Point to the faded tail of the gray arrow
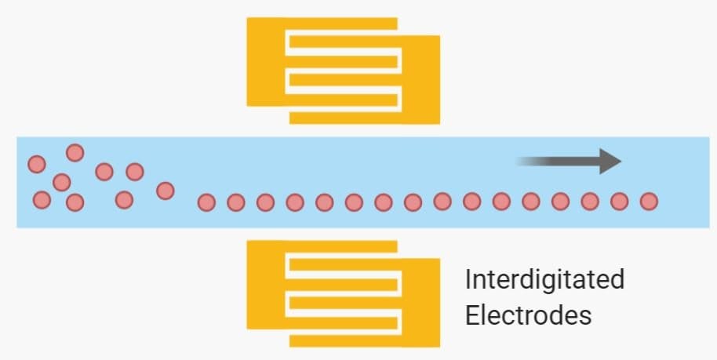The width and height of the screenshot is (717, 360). [530, 162]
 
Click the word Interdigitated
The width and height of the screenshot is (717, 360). [544, 279]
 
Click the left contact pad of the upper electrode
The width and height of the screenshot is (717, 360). [266, 61]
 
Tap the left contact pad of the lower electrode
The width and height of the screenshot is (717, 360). [266, 285]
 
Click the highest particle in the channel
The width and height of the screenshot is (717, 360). [75, 152]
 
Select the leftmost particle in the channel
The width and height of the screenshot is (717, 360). [36, 164]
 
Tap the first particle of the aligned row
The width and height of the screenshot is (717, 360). [206, 202]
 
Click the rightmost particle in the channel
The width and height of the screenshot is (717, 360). [648, 202]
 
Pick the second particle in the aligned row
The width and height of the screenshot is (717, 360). [235, 202]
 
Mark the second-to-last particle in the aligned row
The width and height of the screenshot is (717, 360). [619, 202]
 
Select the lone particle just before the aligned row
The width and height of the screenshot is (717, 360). [165, 190]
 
